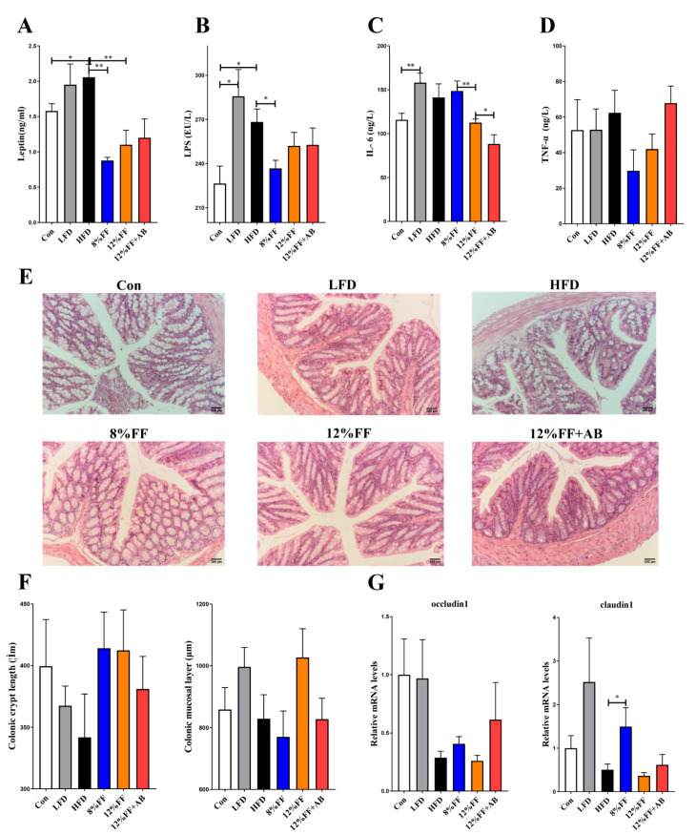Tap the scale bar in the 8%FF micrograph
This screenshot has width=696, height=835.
(x=216, y=560)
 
